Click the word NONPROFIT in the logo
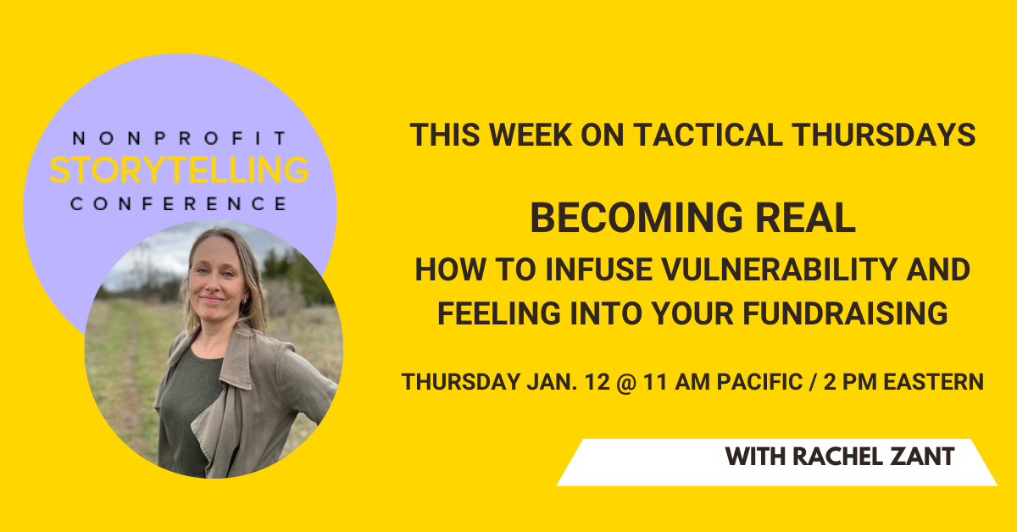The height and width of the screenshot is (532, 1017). (180, 138)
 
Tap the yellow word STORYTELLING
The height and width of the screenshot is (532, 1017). (180, 169)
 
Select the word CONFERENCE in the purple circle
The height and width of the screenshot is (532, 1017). (180, 204)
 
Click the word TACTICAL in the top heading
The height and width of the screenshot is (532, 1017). (709, 135)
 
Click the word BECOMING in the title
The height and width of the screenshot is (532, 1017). (636, 218)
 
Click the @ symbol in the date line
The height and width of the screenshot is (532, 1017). (626, 382)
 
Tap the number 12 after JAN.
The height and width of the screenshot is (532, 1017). (597, 382)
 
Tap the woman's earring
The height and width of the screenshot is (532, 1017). (244, 302)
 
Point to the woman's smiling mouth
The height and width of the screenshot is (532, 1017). (213, 299)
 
